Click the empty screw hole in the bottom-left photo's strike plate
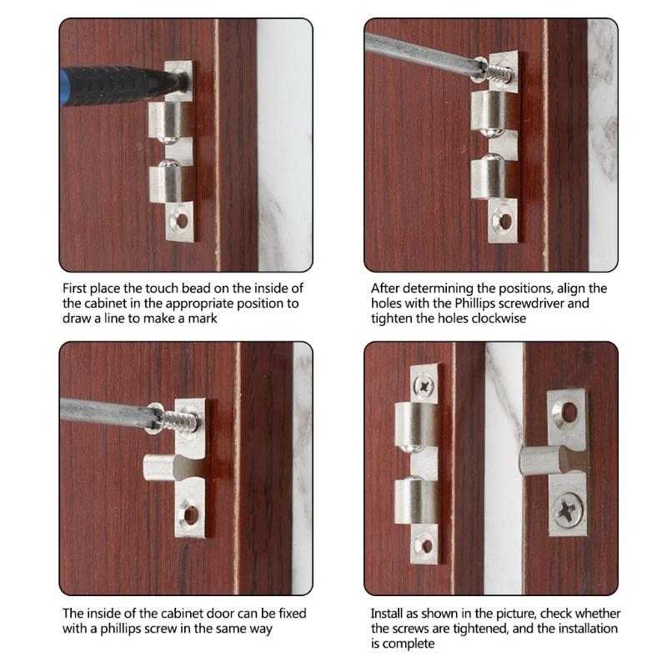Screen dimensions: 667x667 190,515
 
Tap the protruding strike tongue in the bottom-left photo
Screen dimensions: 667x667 163,470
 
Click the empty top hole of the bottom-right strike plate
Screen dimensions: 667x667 570,411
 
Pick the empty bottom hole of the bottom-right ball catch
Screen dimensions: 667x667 426,547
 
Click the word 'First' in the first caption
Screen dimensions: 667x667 78,288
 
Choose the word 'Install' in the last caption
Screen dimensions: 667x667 389,614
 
